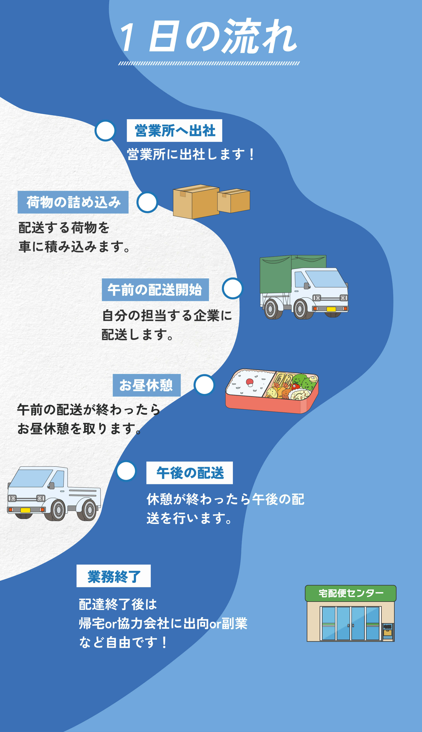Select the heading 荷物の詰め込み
tap(73, 202)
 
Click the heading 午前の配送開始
tap(155, 290)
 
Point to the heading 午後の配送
tap(190, 473)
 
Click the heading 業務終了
tap(114, 576)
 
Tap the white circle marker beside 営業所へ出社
tap(105, 131)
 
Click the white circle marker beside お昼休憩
tap(204, 385)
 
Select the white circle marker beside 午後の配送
tap(126, 471)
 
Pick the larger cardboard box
tap(196, 202)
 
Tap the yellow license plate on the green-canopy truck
tap(331, 309)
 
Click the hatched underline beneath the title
tap(209, 63)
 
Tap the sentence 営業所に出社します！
tap(191, 154)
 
